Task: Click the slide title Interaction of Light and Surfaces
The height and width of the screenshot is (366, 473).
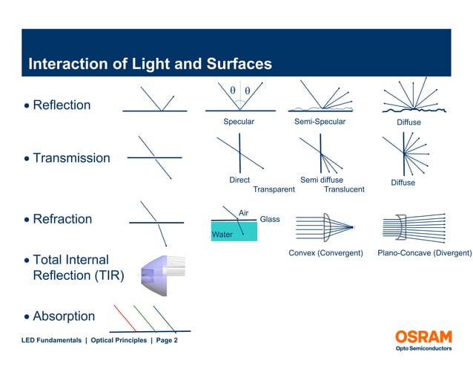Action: tap(150, 64)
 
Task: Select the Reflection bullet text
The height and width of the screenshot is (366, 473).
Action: tap(62, 105)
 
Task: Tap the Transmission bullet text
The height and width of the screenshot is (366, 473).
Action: tap(71, 158)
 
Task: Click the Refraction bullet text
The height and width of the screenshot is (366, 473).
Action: tap(62, 219)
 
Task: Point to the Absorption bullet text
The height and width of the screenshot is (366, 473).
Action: tap(64, 316)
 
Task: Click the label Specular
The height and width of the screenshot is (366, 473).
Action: tap(239, 122)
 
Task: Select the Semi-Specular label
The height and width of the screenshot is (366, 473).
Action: tap(320, 122)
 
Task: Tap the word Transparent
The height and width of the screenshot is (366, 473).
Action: tap(274, 189)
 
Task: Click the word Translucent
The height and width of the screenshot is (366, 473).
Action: tap(344, 189)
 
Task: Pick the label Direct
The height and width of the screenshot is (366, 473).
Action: tap(239, 180)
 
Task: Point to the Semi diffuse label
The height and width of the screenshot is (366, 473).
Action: tap(321, 180)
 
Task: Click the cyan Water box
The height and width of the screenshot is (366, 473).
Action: tap(234, 232)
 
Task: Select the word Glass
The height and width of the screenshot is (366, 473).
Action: tap(270, 219)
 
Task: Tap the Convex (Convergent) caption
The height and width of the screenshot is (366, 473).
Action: tap(325, 253)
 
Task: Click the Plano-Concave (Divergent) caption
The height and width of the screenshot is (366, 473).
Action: tap(424, 253)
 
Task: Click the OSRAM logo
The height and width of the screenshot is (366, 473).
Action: tap(423, 337)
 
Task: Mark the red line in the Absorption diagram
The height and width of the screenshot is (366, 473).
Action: tap(125, 317)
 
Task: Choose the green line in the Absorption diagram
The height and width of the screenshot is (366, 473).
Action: tap(145, 317)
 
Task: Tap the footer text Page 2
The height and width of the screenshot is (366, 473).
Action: tap(167, 340)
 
